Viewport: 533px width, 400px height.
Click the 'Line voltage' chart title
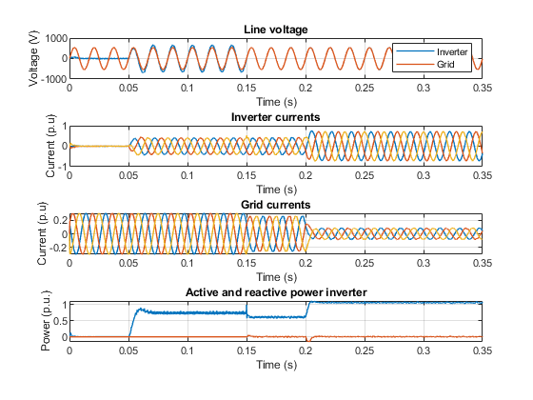click(276, 30)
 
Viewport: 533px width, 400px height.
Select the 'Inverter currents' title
click(276, 117)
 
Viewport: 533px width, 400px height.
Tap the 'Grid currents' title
click(276, 205)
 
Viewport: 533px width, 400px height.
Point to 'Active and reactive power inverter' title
click(276, 292)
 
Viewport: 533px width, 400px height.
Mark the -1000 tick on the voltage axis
click(54, 79)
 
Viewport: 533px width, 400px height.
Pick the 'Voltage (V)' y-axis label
click(33, 58)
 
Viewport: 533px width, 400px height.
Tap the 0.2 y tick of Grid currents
click(61, 220)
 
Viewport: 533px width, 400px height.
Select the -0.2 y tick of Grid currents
click(59, 248)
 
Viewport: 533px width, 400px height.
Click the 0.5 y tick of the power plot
click(61, 321)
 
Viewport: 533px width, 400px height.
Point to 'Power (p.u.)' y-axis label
click(46, 321)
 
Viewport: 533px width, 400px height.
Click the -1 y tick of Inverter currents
click(63, 167)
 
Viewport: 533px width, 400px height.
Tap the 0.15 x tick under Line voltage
click(247, 88)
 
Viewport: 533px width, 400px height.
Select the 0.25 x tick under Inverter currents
click(365, 176)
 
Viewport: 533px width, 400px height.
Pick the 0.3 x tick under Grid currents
click(424, 263)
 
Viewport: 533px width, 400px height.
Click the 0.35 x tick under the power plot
click(483, 350)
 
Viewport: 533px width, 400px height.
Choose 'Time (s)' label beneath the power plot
click(276, 365)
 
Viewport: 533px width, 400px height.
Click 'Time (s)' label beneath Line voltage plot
click(276, 102)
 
